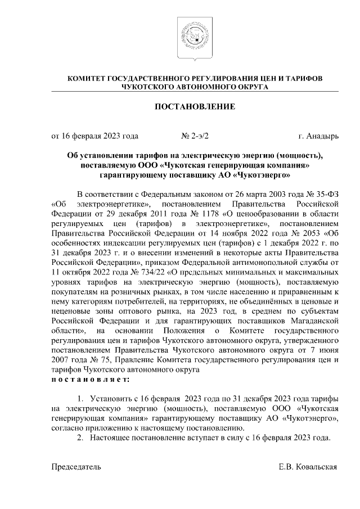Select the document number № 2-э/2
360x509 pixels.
tap(195, 136)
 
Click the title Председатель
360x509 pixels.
tap(76, 466)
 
